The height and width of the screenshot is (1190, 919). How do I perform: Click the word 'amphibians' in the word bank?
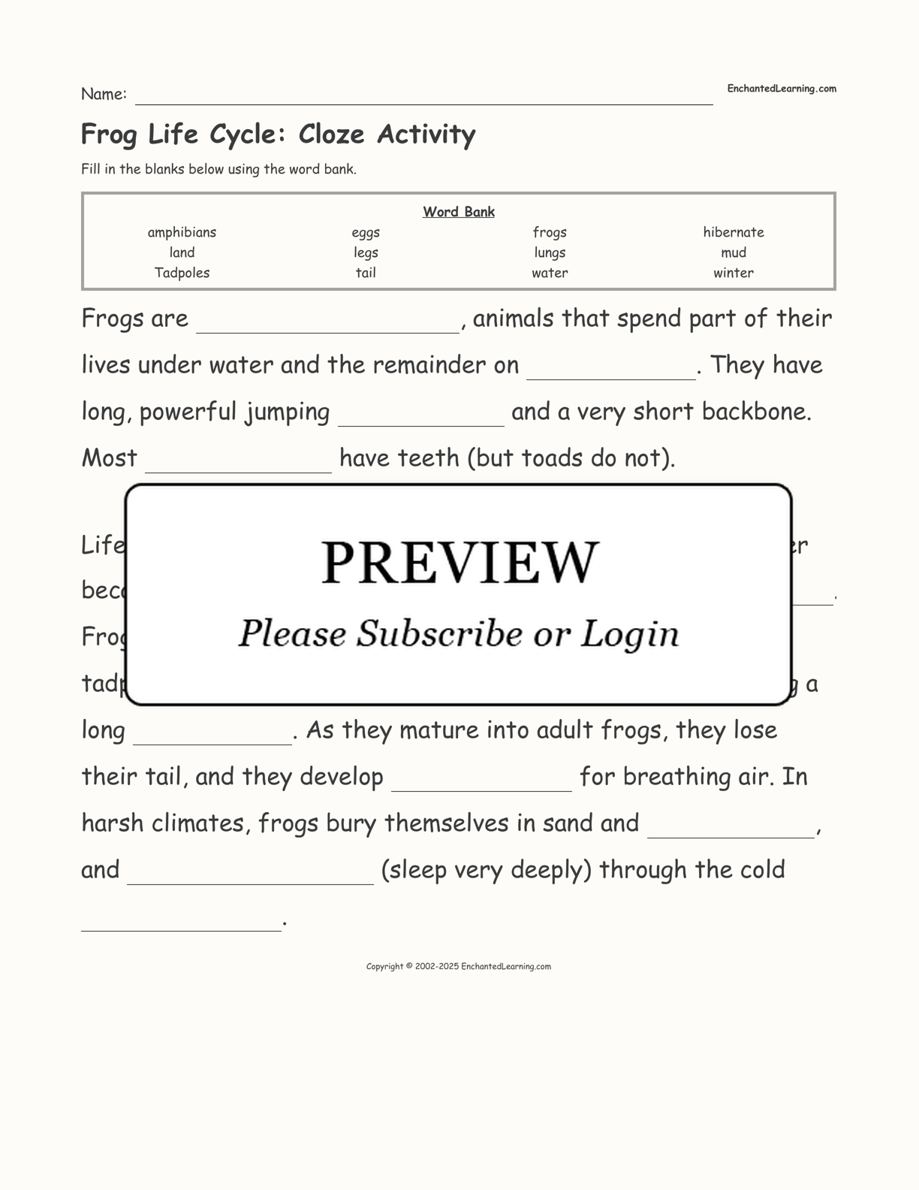182,232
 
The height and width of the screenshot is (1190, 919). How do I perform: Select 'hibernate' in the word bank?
733,232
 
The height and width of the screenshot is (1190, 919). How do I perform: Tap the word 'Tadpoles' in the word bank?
182,273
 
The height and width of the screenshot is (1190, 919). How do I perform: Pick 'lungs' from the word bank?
550,252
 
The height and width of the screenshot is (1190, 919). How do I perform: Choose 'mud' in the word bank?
733,252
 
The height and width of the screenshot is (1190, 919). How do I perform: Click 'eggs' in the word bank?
366,232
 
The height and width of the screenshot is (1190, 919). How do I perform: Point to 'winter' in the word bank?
733,273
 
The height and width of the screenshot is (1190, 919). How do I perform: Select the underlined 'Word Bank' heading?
458,212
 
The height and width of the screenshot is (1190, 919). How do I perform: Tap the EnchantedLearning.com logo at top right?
781,89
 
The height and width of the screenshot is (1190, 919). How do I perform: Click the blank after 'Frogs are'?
327,323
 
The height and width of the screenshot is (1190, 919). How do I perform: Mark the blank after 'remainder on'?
611,370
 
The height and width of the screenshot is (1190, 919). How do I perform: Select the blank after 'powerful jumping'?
421,416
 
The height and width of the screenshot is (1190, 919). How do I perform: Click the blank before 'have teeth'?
238,463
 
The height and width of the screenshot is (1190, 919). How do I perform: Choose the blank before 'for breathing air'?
481,781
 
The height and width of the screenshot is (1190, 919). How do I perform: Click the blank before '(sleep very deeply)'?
250,874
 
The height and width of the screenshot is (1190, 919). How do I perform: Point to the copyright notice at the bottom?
458,967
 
